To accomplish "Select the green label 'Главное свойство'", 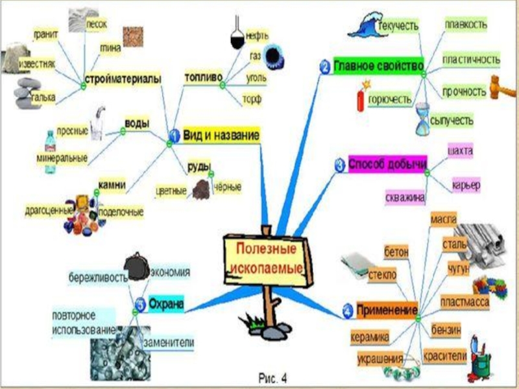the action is click(379, 65).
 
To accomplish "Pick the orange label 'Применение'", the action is click(387, 310).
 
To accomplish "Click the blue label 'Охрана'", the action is click(166, 303).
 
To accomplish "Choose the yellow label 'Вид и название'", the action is click(222, 135).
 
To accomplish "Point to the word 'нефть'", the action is click(257, 36).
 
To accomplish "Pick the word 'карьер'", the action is click(466, 186).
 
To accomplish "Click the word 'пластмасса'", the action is click(465, 301).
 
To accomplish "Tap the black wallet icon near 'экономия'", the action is click(138, 265).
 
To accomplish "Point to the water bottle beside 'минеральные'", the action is click(51, 152).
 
